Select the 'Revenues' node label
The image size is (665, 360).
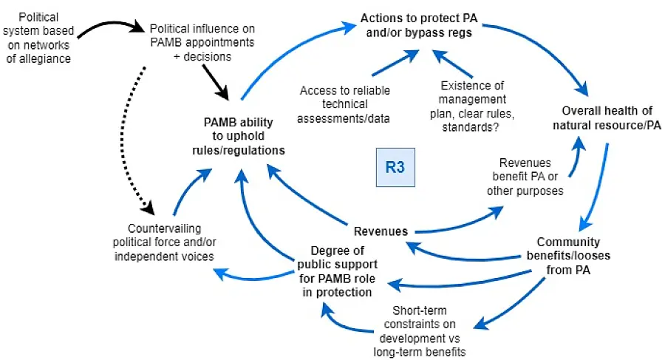pyautogui.click(x=381, y=231)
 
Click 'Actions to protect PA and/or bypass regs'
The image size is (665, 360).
pyautogui.click(x=415, y=24)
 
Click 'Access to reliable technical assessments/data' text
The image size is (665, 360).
pyautogui.click(x=345, y=103)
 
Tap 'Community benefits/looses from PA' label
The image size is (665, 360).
pyautogui.click(x=568, y=255)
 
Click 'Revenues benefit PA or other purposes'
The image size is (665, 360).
pyautogui.click(x=524, y=177)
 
